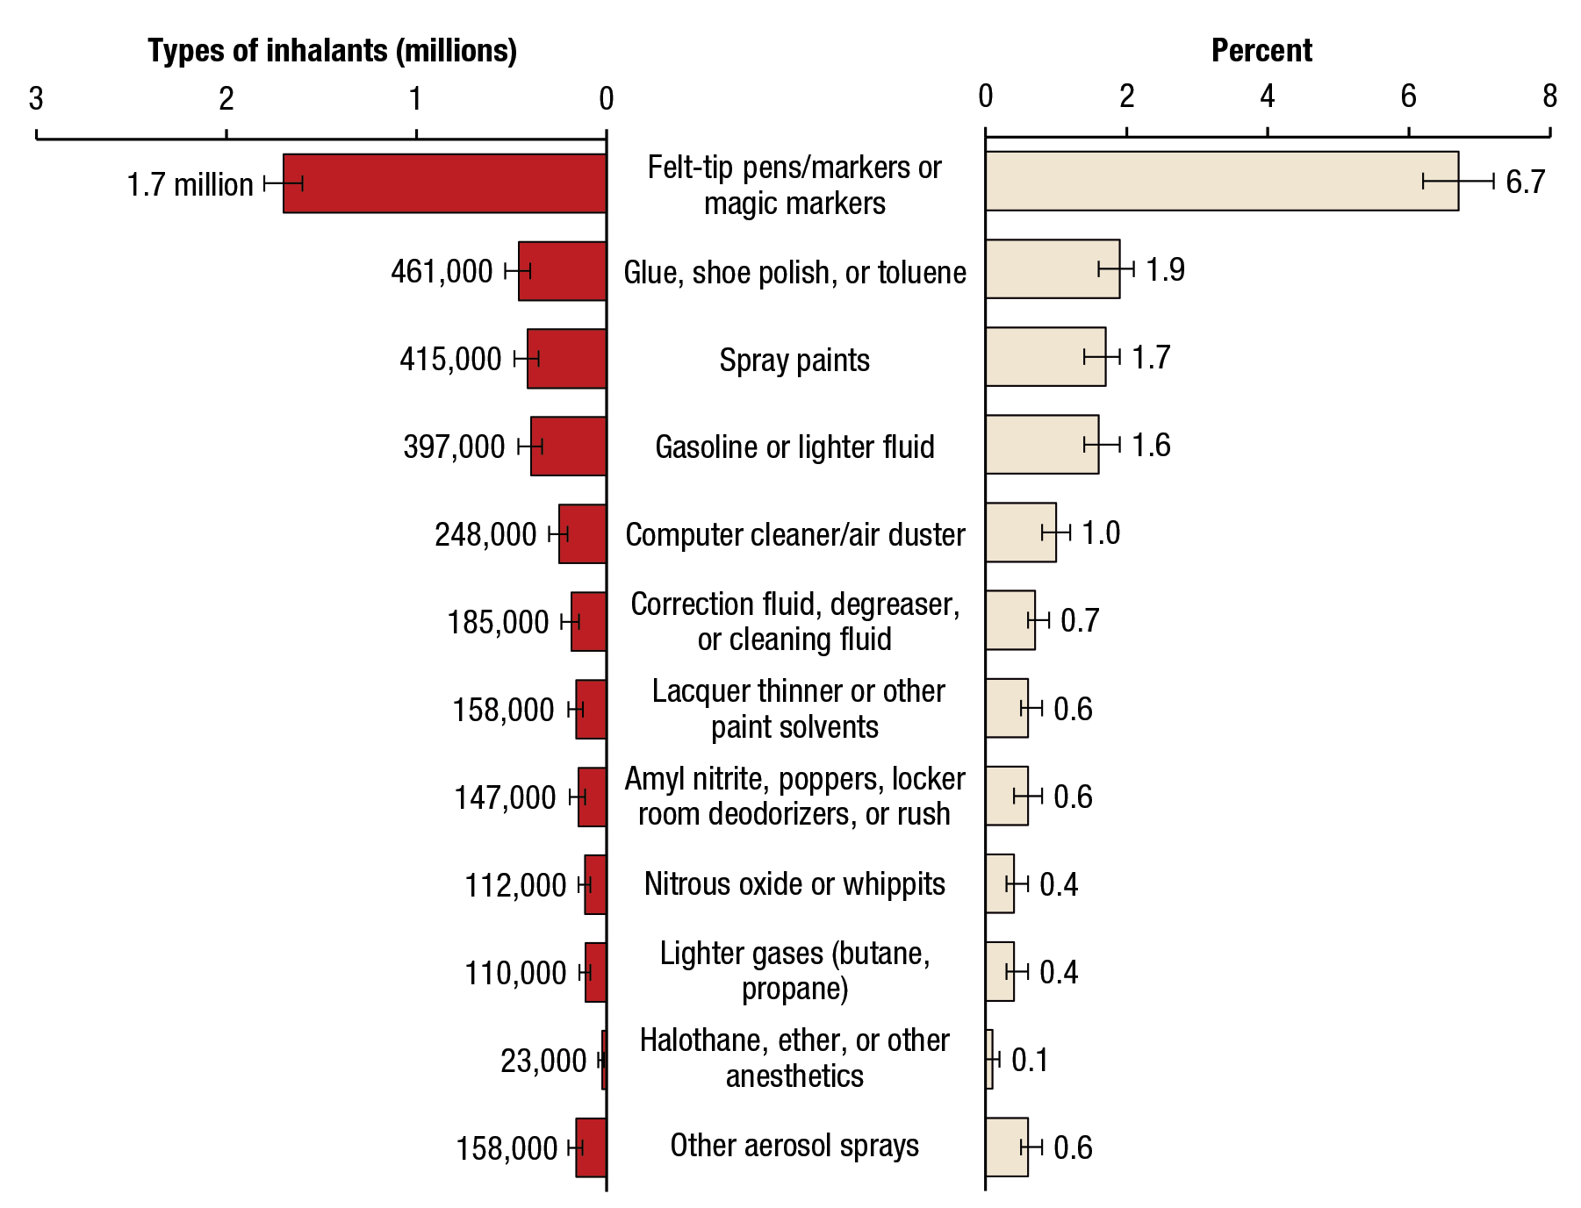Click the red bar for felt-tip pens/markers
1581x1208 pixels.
coord(444,183)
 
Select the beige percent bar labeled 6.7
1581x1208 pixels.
coord(1221,181)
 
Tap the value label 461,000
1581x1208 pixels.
coord(442,272)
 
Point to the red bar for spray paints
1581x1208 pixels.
coord(566,359)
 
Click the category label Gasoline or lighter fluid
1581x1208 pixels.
coord(794,447)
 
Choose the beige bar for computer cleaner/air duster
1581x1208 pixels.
coord(1020,533)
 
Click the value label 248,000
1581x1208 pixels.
coord(485,534)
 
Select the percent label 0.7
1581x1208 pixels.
coord(1080,621)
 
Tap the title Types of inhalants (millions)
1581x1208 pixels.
coord(332,51)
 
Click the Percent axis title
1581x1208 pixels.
coord(1261,51)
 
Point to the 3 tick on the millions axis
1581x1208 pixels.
coord(36,99)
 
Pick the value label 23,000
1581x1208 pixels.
coord(543,1061)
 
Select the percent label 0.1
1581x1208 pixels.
coord(1030,1060)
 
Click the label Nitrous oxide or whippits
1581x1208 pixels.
coord(794,884)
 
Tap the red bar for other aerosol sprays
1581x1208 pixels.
coord(591,1147)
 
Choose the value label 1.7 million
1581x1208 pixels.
coord(190,185)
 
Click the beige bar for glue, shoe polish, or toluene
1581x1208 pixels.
coord(1052,269)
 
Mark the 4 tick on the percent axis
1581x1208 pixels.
coord(1268,96)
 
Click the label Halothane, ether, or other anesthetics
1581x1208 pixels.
coord(794,1058)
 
